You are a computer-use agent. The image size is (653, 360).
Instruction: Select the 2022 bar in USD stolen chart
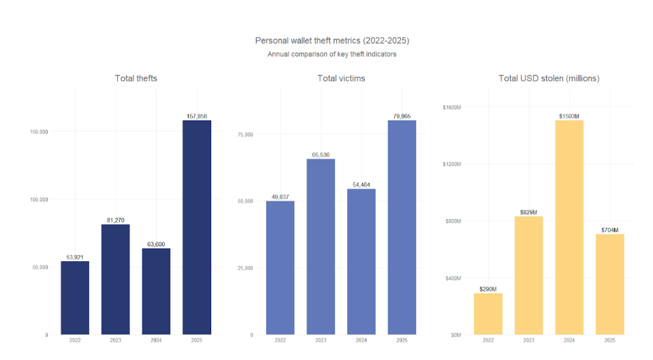(488, 314)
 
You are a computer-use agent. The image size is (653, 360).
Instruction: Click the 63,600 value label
(156, 244)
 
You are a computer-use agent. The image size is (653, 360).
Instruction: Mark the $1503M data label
(569, 116)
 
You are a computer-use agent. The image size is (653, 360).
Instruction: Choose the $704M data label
(609, 230)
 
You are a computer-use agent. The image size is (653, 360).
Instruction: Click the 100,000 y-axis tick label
(38, 199)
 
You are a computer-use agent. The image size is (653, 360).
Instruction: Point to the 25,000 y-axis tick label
(244, 268)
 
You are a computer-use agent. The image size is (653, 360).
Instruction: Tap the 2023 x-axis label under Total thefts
(116, 340)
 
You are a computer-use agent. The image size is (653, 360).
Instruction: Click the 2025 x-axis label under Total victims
(402, 340)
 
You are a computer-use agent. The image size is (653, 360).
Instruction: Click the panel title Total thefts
(136, 78)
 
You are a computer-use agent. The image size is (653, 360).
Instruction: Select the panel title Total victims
(341, 78)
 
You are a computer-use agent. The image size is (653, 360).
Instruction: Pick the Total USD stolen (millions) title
(549, 78)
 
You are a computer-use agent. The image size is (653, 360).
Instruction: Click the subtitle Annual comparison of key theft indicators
(332, 54)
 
